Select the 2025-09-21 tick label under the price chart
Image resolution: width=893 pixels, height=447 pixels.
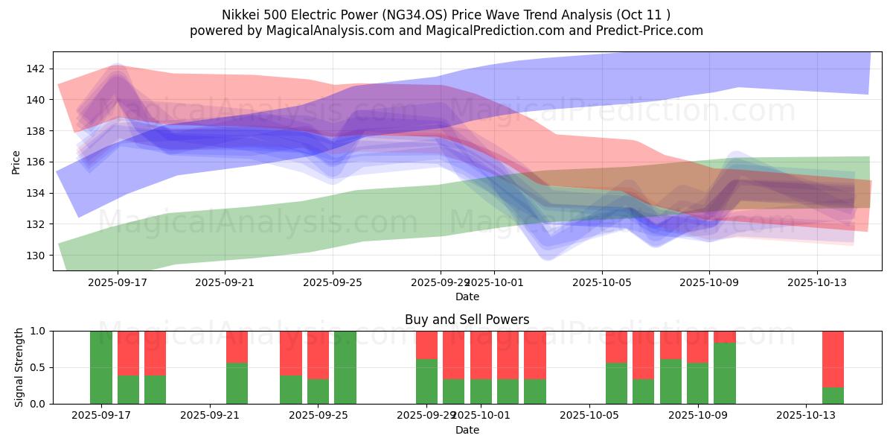point(225,282)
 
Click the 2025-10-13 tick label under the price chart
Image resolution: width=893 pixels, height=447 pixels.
point(817,282)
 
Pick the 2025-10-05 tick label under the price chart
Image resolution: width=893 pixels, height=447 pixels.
point(601,282)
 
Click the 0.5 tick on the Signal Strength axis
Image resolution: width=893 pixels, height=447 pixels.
point(38,367)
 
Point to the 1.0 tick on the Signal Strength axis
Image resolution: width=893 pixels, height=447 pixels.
point(38,331)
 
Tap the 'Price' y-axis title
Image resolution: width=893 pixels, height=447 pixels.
point(16,162)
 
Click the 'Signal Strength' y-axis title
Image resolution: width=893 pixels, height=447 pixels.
point(19,367)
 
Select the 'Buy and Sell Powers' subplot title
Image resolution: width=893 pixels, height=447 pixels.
point(467,320)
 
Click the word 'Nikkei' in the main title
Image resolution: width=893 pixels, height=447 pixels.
point(241,15)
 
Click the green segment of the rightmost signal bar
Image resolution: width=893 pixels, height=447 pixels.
point(833,396)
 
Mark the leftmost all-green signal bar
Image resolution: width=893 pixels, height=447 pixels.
point(101,367)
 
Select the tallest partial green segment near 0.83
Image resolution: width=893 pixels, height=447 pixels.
point(725,373)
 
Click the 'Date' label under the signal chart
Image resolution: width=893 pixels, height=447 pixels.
point(467,430)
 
